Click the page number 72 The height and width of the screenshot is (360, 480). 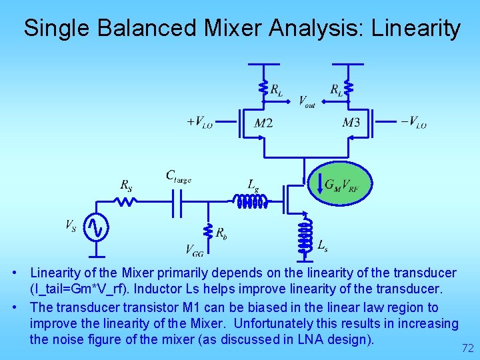(467, 348)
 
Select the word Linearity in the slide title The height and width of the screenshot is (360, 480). (416, 28)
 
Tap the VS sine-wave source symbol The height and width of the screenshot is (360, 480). (97, 227)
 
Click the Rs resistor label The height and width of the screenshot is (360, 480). (126, 186)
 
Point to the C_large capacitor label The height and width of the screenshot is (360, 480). (178, 177)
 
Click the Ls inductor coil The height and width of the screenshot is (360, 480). (305, 235)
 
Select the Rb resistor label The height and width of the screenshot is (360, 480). (221, 233)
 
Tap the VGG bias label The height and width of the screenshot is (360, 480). (194, 250)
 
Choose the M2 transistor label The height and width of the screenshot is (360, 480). (263, 123)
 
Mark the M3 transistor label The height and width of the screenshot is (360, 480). (351, 123)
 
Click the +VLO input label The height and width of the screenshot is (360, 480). (199, 123)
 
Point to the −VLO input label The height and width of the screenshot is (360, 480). (413, 123)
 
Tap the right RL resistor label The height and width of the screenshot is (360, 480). (337, 89)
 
